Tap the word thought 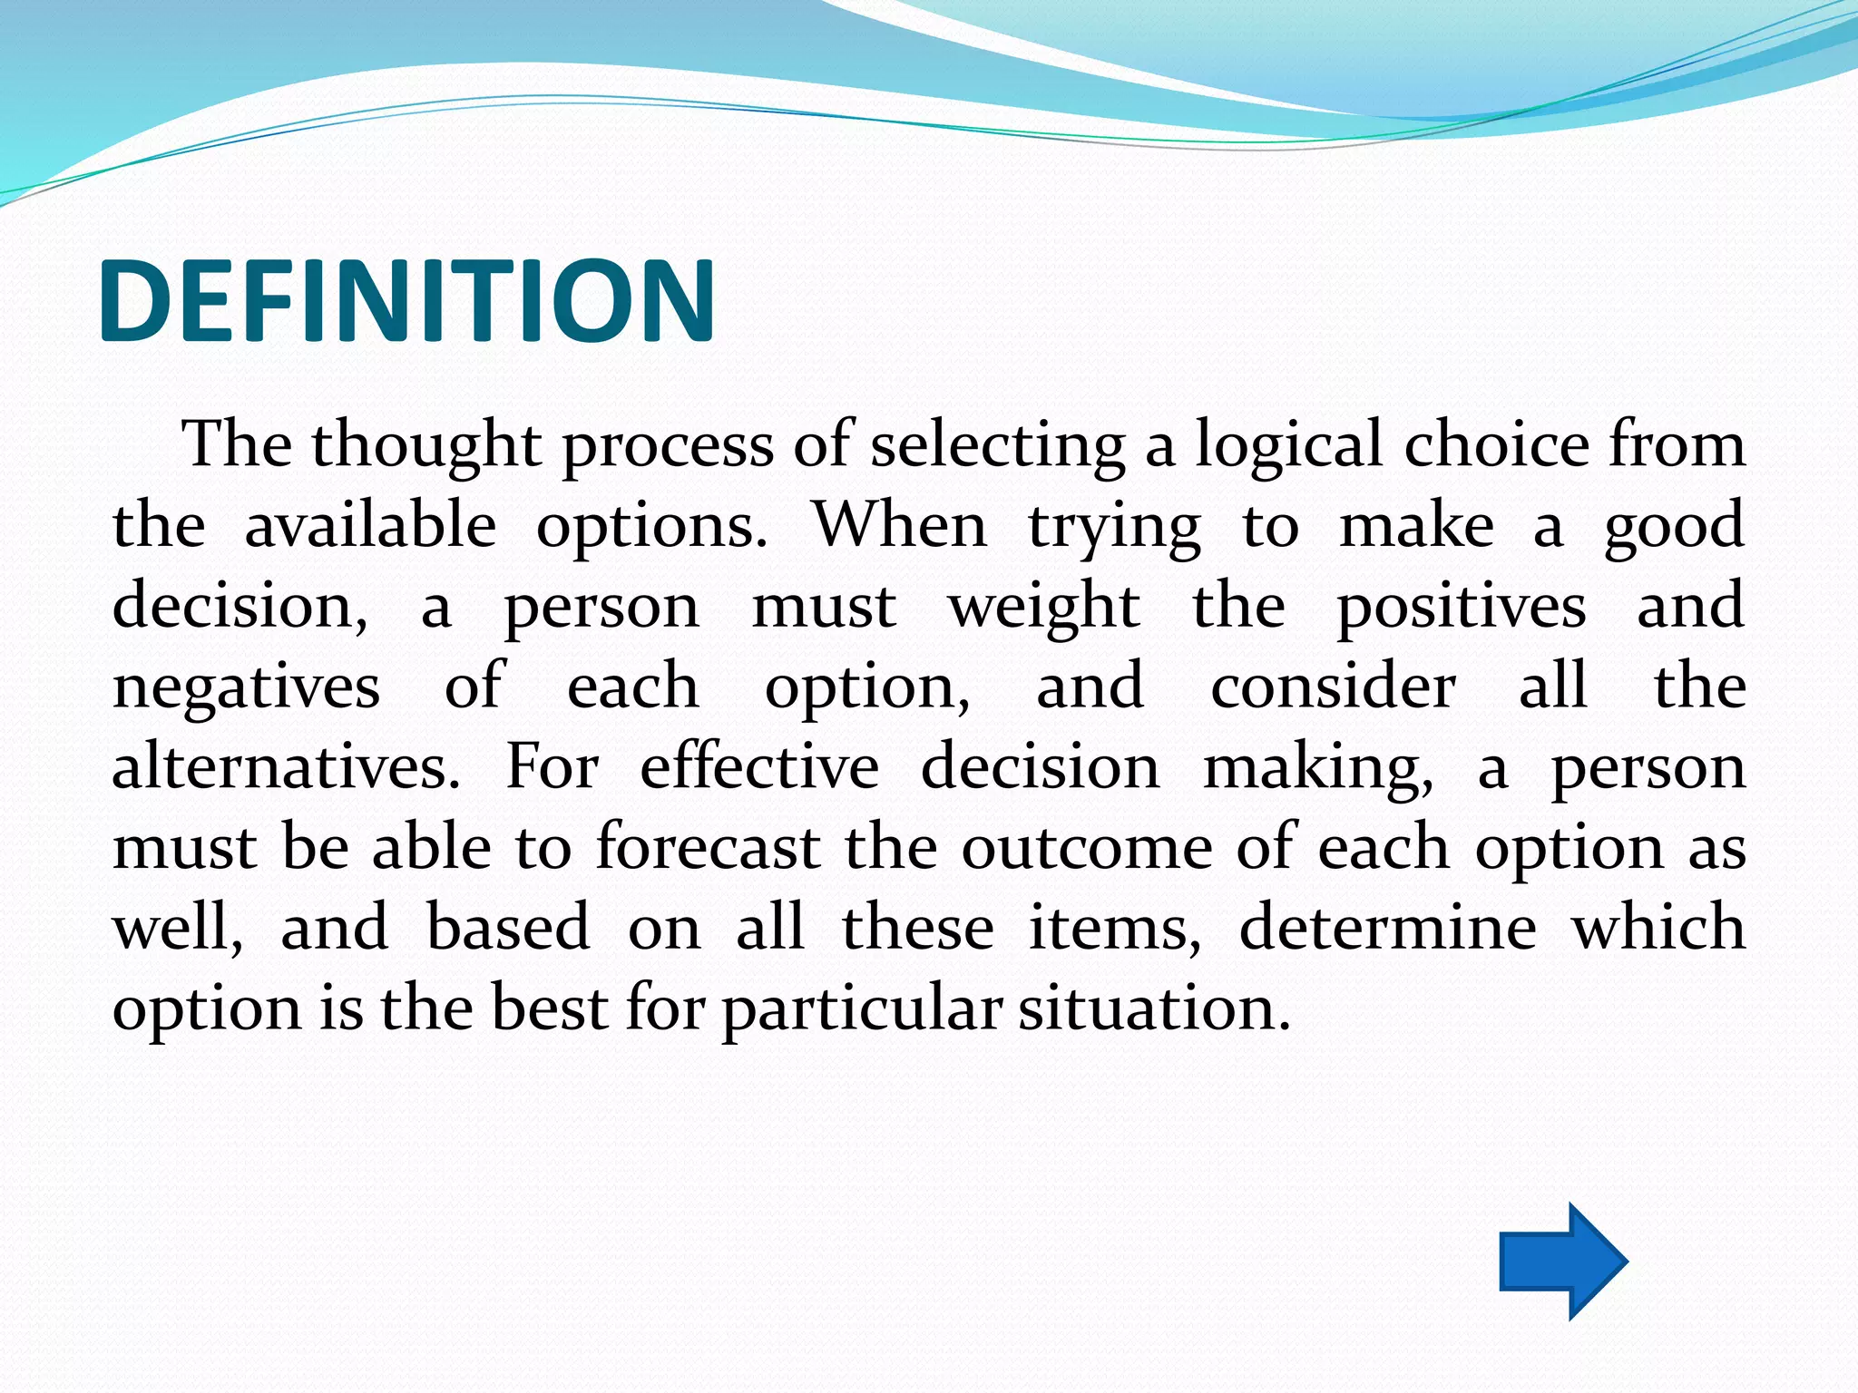tap(426, 446)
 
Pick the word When tap(899, 526)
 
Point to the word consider tap(1333, 687)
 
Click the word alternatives tap(286, 767)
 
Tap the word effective tap(759, 767)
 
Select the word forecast tap(708, 848)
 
